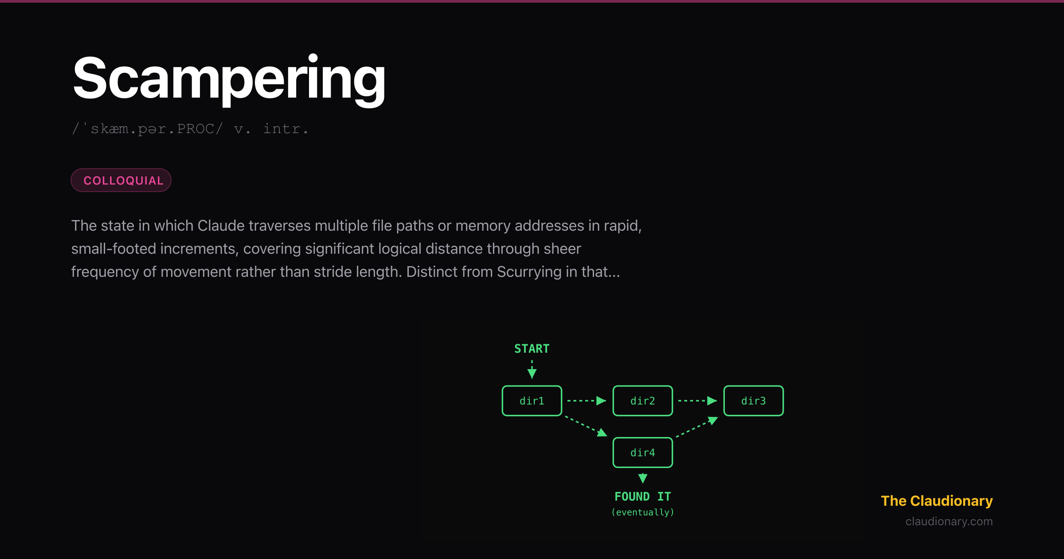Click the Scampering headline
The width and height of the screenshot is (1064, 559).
(229, 80)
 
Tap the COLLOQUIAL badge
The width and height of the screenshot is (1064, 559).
(121, 180)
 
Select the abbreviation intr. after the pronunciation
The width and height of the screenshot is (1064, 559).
(286, 129)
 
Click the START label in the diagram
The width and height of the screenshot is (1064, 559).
(532, 349)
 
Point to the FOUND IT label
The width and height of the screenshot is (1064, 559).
(643, 496)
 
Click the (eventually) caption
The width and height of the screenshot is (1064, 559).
(643, 512)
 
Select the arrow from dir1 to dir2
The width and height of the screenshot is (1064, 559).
(587, 401)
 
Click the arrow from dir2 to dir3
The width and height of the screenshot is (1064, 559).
(697, 401)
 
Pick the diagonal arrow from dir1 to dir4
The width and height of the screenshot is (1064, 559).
(586, 426)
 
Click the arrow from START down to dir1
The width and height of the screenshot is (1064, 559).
(532, 369)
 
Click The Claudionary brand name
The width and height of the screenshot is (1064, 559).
(937, 501)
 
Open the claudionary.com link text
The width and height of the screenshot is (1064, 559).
(949, 521)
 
